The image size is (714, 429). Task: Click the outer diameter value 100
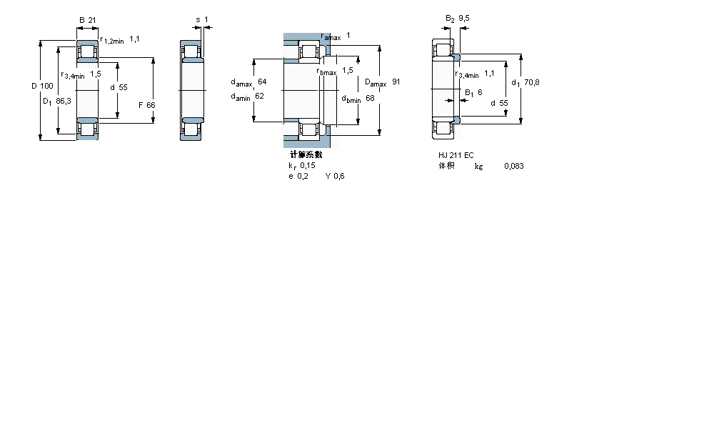(x=46, y=87)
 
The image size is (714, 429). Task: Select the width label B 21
(x=86, y=20)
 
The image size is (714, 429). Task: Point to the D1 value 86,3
(x=64, y=102)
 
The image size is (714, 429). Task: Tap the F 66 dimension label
(x=146, y=105)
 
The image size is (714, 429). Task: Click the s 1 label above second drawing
(x=202, y=19)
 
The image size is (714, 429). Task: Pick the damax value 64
(x=262, y=82)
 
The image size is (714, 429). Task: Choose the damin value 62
(x=259, y=97)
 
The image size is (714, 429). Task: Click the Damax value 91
(x=396, y=82)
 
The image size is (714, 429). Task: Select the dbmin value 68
(x=371, y=98)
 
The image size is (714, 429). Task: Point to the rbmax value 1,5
(x=348, y=70)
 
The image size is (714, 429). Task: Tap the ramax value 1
(x=348, y=36)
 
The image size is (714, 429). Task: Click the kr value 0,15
(x=308, y=165)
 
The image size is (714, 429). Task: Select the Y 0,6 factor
(x=335, y=177)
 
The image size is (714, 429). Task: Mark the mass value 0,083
(x=513, y=166)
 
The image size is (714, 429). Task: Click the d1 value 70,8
(x=531, y=82)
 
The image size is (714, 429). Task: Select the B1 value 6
(x=479, y=92)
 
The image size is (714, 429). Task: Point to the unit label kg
(x=478, y=166)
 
